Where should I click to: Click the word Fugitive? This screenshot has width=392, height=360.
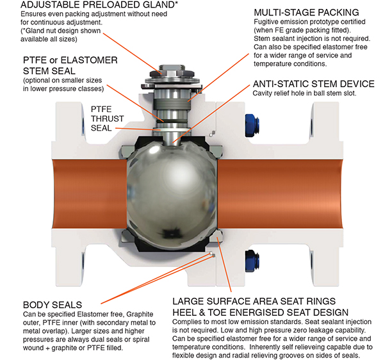(251, 23)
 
